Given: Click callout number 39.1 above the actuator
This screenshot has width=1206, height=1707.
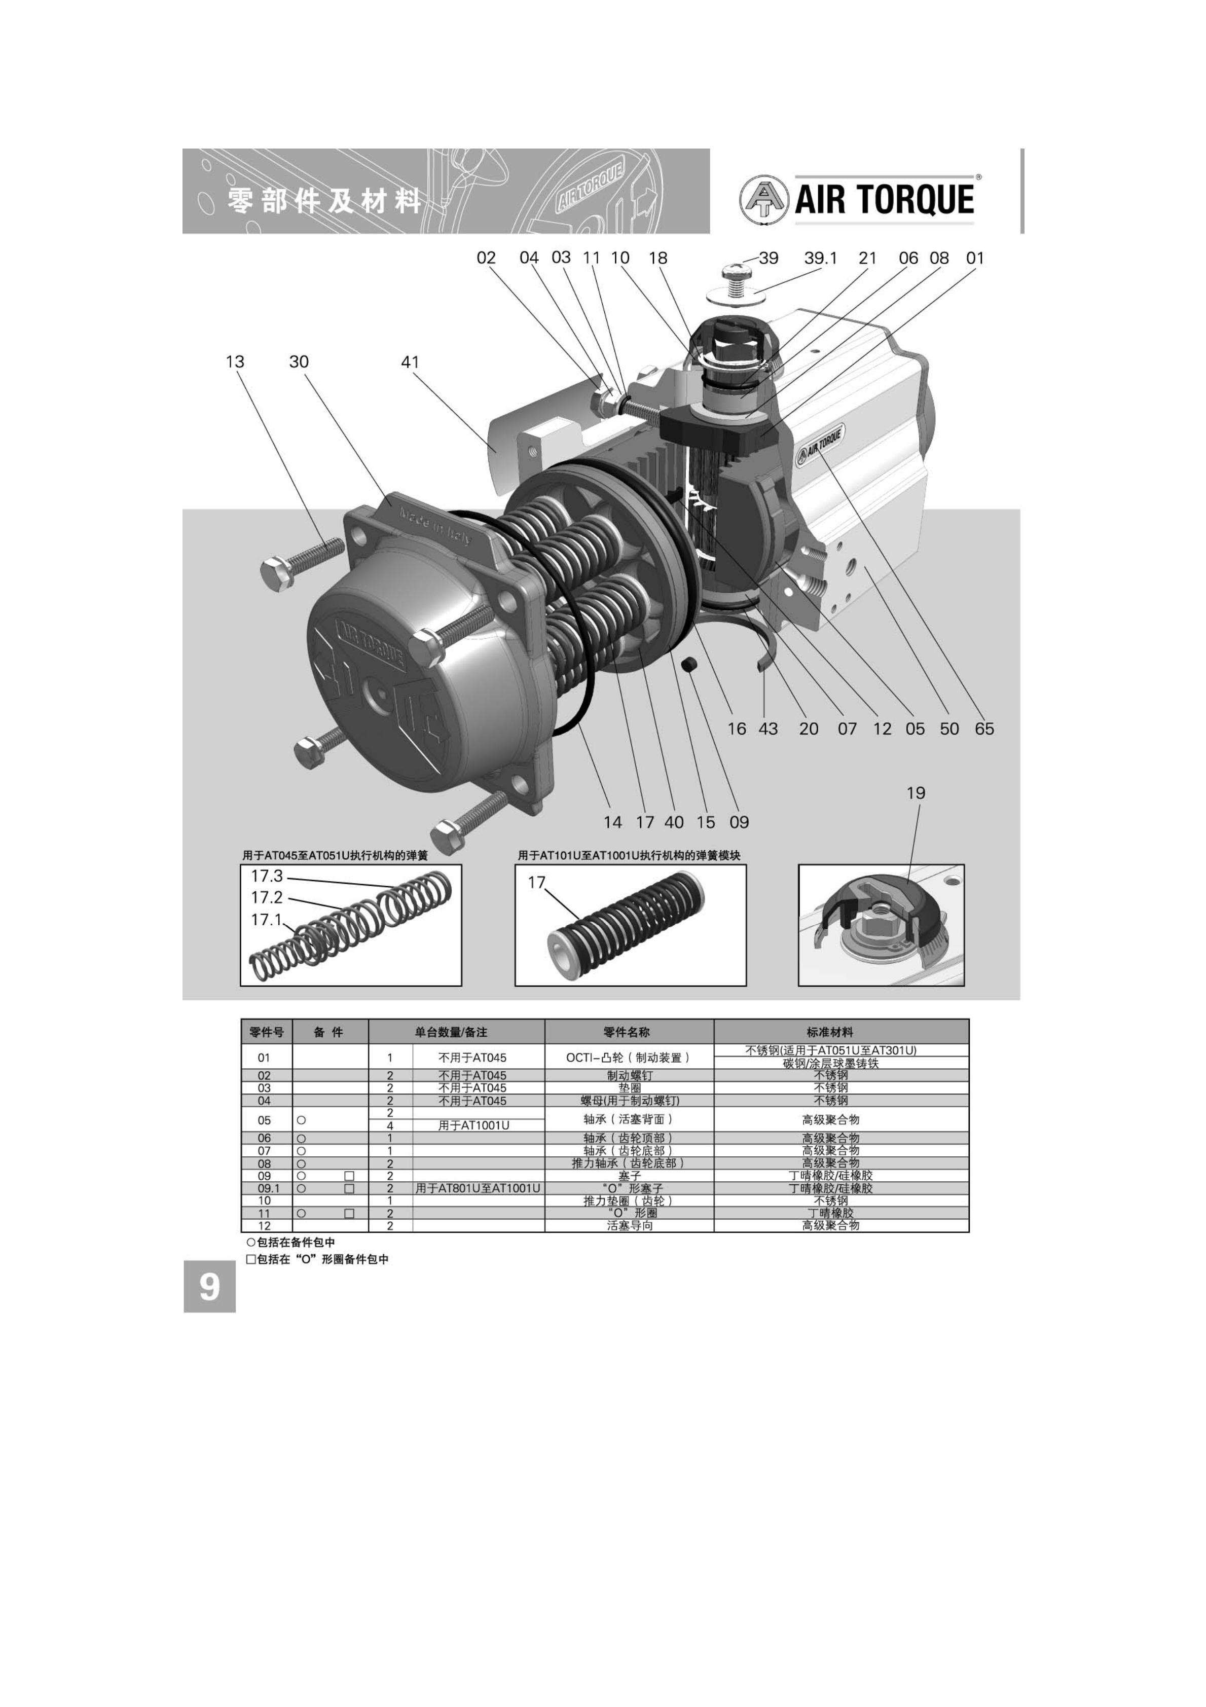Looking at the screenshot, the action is (x=820, y=258).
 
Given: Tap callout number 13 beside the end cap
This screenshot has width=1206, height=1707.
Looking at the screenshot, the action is (x=235, y=361).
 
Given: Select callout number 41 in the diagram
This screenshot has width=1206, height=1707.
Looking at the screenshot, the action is (x=411, y=362).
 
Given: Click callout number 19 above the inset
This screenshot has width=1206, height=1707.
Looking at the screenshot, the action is (x=916, y=793).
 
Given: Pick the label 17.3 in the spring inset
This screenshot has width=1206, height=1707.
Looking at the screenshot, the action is (x=267, y=876).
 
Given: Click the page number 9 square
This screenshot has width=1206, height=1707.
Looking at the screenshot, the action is (x=210, y=1287).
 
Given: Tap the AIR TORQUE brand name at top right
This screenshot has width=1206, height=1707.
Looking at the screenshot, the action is (x=885, y=199).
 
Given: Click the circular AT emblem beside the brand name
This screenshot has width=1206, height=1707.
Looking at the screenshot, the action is (x=764, y=199).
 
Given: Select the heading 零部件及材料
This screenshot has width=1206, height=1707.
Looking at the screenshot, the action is (x=325, y=201).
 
